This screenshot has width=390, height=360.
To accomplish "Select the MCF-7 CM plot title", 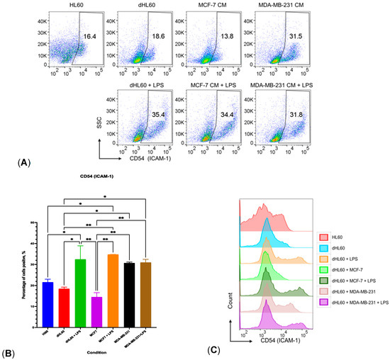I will point(207,8).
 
